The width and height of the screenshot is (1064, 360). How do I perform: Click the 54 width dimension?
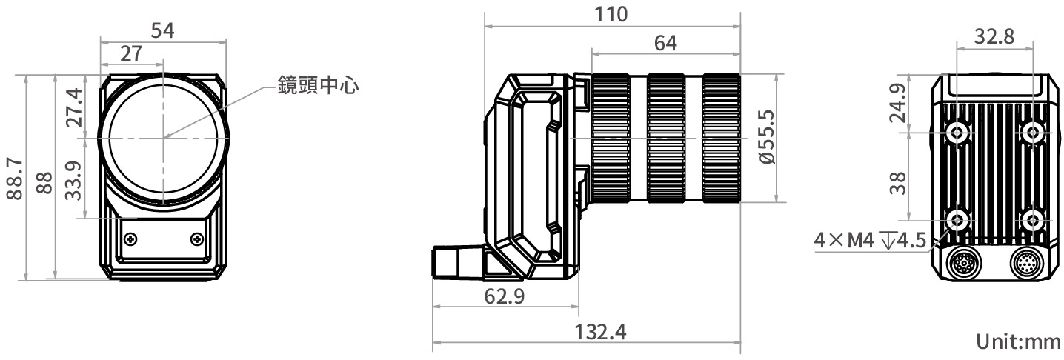pyautogui.click(x=163, y=30)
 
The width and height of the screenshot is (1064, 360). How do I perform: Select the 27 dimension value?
pyautogui.click(x=131, y=53)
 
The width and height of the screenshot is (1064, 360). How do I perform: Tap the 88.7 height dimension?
pyautogui.click(x=14, y=177)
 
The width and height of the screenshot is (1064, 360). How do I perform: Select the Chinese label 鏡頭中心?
pyautogui.click(x=318, y=85)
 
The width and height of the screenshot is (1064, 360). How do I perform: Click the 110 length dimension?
pyautogui.click(x=612, y=14)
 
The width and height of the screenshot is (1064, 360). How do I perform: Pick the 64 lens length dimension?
pyautogui.click(x=665, y=43)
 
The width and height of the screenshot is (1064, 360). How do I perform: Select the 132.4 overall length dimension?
pyautogui.click(x=601, y=332)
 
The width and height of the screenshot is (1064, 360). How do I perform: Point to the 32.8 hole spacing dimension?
pyautogui.click(x=994, y=36)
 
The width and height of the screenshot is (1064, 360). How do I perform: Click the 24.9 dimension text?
pyautogui.click(x=897, y=104)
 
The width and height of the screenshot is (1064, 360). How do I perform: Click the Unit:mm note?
pyautogui.click(x=1018, y=342)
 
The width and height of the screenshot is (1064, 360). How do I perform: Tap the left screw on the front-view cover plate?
pyautogui.click(x=131, y=239)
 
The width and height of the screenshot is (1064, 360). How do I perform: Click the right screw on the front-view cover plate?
pyautogui.click(x=196, y=239)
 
